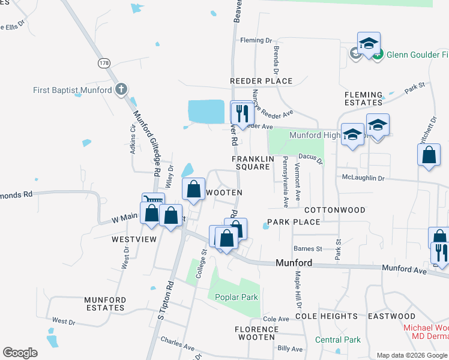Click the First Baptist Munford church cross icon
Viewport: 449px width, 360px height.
121,90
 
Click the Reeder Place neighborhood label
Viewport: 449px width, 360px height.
261,81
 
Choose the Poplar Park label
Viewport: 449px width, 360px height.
232,297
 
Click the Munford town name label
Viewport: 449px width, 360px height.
294,263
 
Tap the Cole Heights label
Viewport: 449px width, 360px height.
327,316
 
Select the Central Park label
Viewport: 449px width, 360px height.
338,340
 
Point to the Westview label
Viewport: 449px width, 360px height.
134,239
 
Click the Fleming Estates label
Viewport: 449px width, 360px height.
364,99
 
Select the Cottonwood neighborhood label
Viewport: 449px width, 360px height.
334,210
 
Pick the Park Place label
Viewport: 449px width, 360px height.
294,222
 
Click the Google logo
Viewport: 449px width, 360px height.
20,353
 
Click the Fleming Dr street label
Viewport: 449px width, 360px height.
256,40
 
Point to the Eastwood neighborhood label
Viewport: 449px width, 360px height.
391,316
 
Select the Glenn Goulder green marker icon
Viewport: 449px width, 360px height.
378,55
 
